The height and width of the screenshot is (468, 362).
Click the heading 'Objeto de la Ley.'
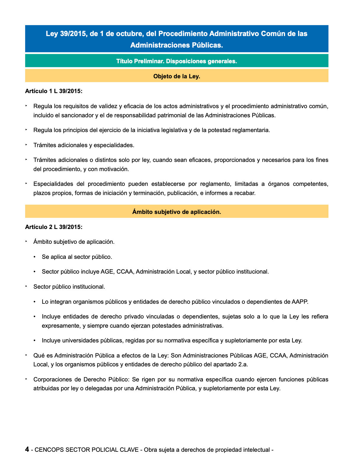(177, 76)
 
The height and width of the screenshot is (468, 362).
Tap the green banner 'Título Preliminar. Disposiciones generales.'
(177, 61)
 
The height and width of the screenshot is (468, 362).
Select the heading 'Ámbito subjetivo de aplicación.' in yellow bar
(177, 212)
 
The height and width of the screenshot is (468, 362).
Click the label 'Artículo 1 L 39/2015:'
(54, 91)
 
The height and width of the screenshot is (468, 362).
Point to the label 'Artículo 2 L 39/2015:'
(54, 227)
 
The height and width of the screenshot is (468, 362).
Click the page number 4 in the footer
(27, 449)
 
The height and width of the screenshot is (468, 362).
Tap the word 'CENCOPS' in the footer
(49, 450)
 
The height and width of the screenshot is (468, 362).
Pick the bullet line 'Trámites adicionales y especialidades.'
(84, 145)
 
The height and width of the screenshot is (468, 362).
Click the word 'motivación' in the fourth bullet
(114, 169)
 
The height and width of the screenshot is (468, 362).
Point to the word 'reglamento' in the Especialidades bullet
(215, 184)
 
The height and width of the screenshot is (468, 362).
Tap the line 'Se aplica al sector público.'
(77, 257)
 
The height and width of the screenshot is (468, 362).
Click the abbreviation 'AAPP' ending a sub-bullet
(299, 302)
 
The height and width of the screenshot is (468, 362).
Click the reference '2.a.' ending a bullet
(243, 364)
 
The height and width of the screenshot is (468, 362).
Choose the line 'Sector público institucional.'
(69, 287)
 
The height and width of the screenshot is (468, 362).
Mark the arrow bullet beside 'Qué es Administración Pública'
(26, 355)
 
